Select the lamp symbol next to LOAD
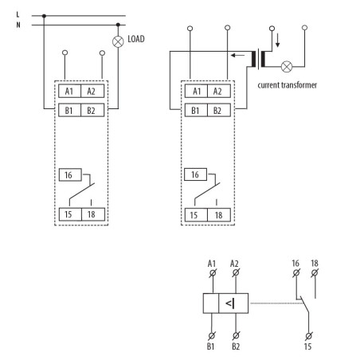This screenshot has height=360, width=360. [x=118, y=38]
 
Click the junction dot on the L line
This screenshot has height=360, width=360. [x=44, y=14]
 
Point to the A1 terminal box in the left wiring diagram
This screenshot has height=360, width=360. [x=70, y=91]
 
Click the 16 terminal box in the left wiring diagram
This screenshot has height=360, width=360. [x=69, y=174]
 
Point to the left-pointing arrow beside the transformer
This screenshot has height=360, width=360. [x=237, y=57]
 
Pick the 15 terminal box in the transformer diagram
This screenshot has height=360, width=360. [x=194, y=213]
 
